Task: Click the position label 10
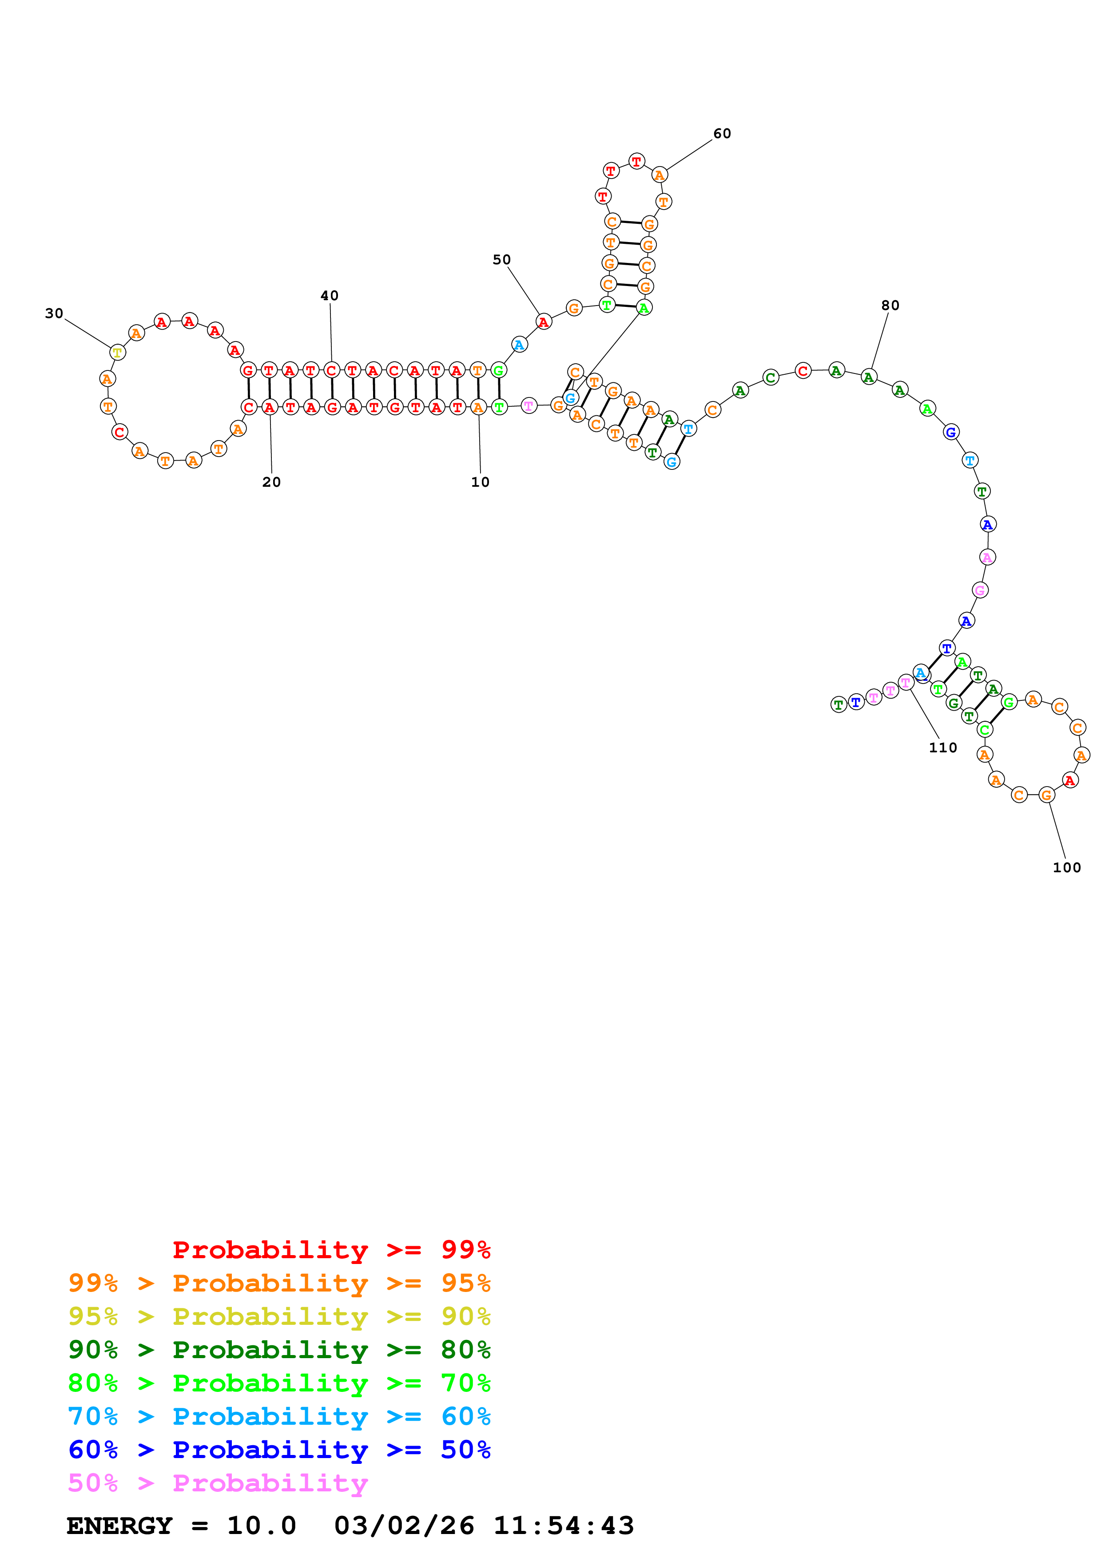point(480,482)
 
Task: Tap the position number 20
point(271,482)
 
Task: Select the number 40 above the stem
point(330,295)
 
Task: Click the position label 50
point(501,259)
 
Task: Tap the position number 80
point(890,306)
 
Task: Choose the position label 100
point(1066,867)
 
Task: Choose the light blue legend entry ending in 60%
point(279,1416)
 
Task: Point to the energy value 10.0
point(261,1526)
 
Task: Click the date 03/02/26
point(404,1526)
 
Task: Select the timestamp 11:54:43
point(563,1526)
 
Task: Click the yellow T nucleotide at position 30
point(117,353)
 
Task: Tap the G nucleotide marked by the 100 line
point(1047,795)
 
